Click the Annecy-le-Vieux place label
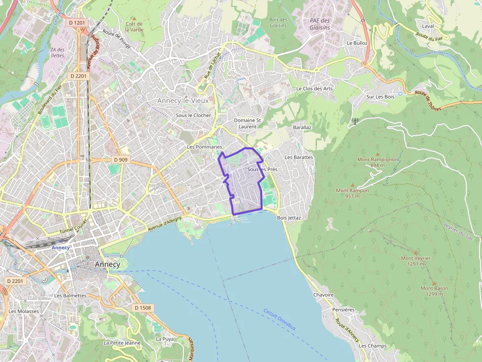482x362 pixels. pos(183,101)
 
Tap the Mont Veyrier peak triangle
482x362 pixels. pos(416,252)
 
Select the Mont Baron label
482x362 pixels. pos(434,291)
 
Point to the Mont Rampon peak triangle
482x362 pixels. pos(352,185)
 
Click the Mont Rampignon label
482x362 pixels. pos(378,162)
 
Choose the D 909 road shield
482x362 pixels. pos(120,160)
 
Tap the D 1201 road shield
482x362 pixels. pos(78,23)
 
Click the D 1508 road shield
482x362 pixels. pos(143,307)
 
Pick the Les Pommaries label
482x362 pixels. pos(205,147)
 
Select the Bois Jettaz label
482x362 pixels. pos(289,217)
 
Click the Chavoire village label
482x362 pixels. pos(323,295)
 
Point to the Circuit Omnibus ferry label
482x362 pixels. pos(279,319)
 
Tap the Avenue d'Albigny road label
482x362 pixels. pos(164,224)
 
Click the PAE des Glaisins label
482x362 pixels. pos(320,24)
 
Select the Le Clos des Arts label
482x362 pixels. pos(314,89)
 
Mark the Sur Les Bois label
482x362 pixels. pos(380,97)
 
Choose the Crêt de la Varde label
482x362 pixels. pos(134,27)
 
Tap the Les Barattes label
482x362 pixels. pos(299,157)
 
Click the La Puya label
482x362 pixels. pos(164,339)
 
